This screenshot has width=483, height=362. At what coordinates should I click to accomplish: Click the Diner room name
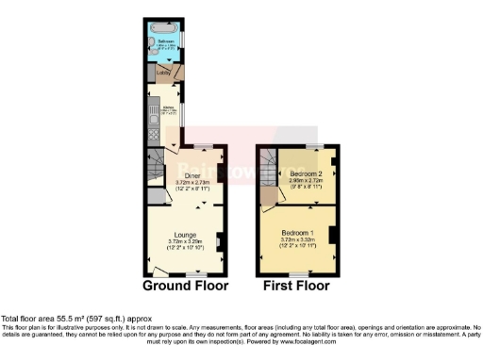point(192,175)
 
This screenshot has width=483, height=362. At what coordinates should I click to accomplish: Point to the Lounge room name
point(184,234)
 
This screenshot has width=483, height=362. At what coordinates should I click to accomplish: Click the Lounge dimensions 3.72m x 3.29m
point(184,241)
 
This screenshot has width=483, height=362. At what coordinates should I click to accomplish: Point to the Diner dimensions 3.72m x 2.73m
point(192,183)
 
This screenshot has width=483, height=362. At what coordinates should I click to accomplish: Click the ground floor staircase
point(157,169)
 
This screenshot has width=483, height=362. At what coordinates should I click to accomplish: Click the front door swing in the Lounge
point(157,278)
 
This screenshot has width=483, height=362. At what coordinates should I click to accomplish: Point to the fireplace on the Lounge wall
point(220,245)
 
